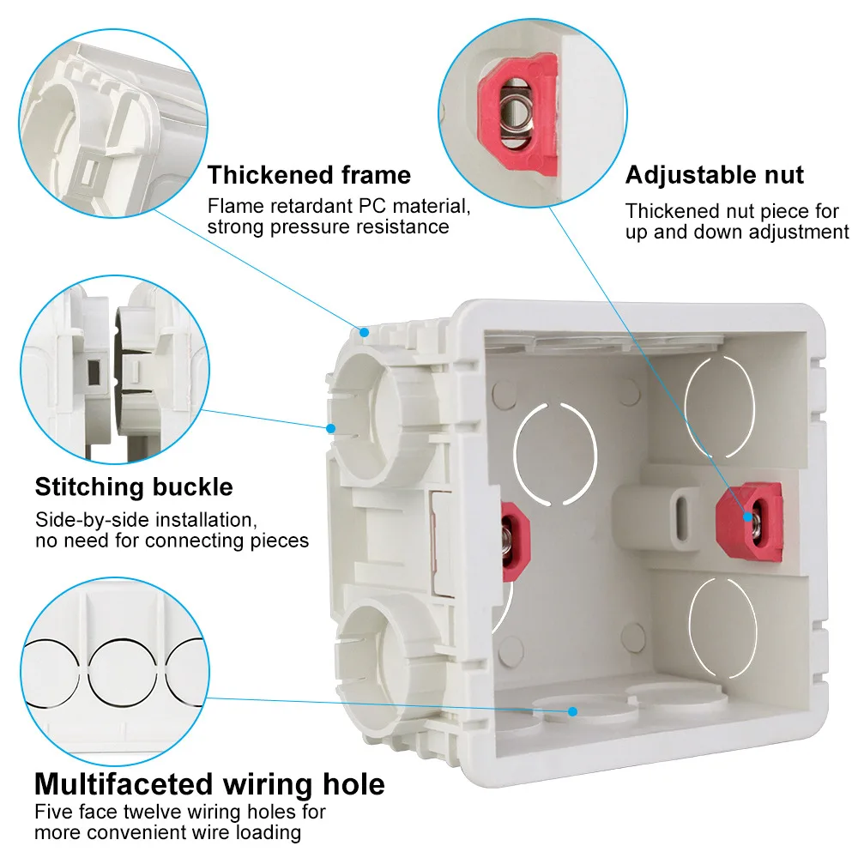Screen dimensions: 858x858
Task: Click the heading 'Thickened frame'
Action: click(x=309, y=175)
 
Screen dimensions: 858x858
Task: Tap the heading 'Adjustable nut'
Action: click(x=714, y=175)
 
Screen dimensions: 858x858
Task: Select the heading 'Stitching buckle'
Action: click(x=134, y=487)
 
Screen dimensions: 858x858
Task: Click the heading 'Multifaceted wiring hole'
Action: click(x=209, y=783)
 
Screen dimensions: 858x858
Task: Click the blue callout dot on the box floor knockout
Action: click(x=574, y=710)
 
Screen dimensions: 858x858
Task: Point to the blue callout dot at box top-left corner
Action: click(x=364, y=329)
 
